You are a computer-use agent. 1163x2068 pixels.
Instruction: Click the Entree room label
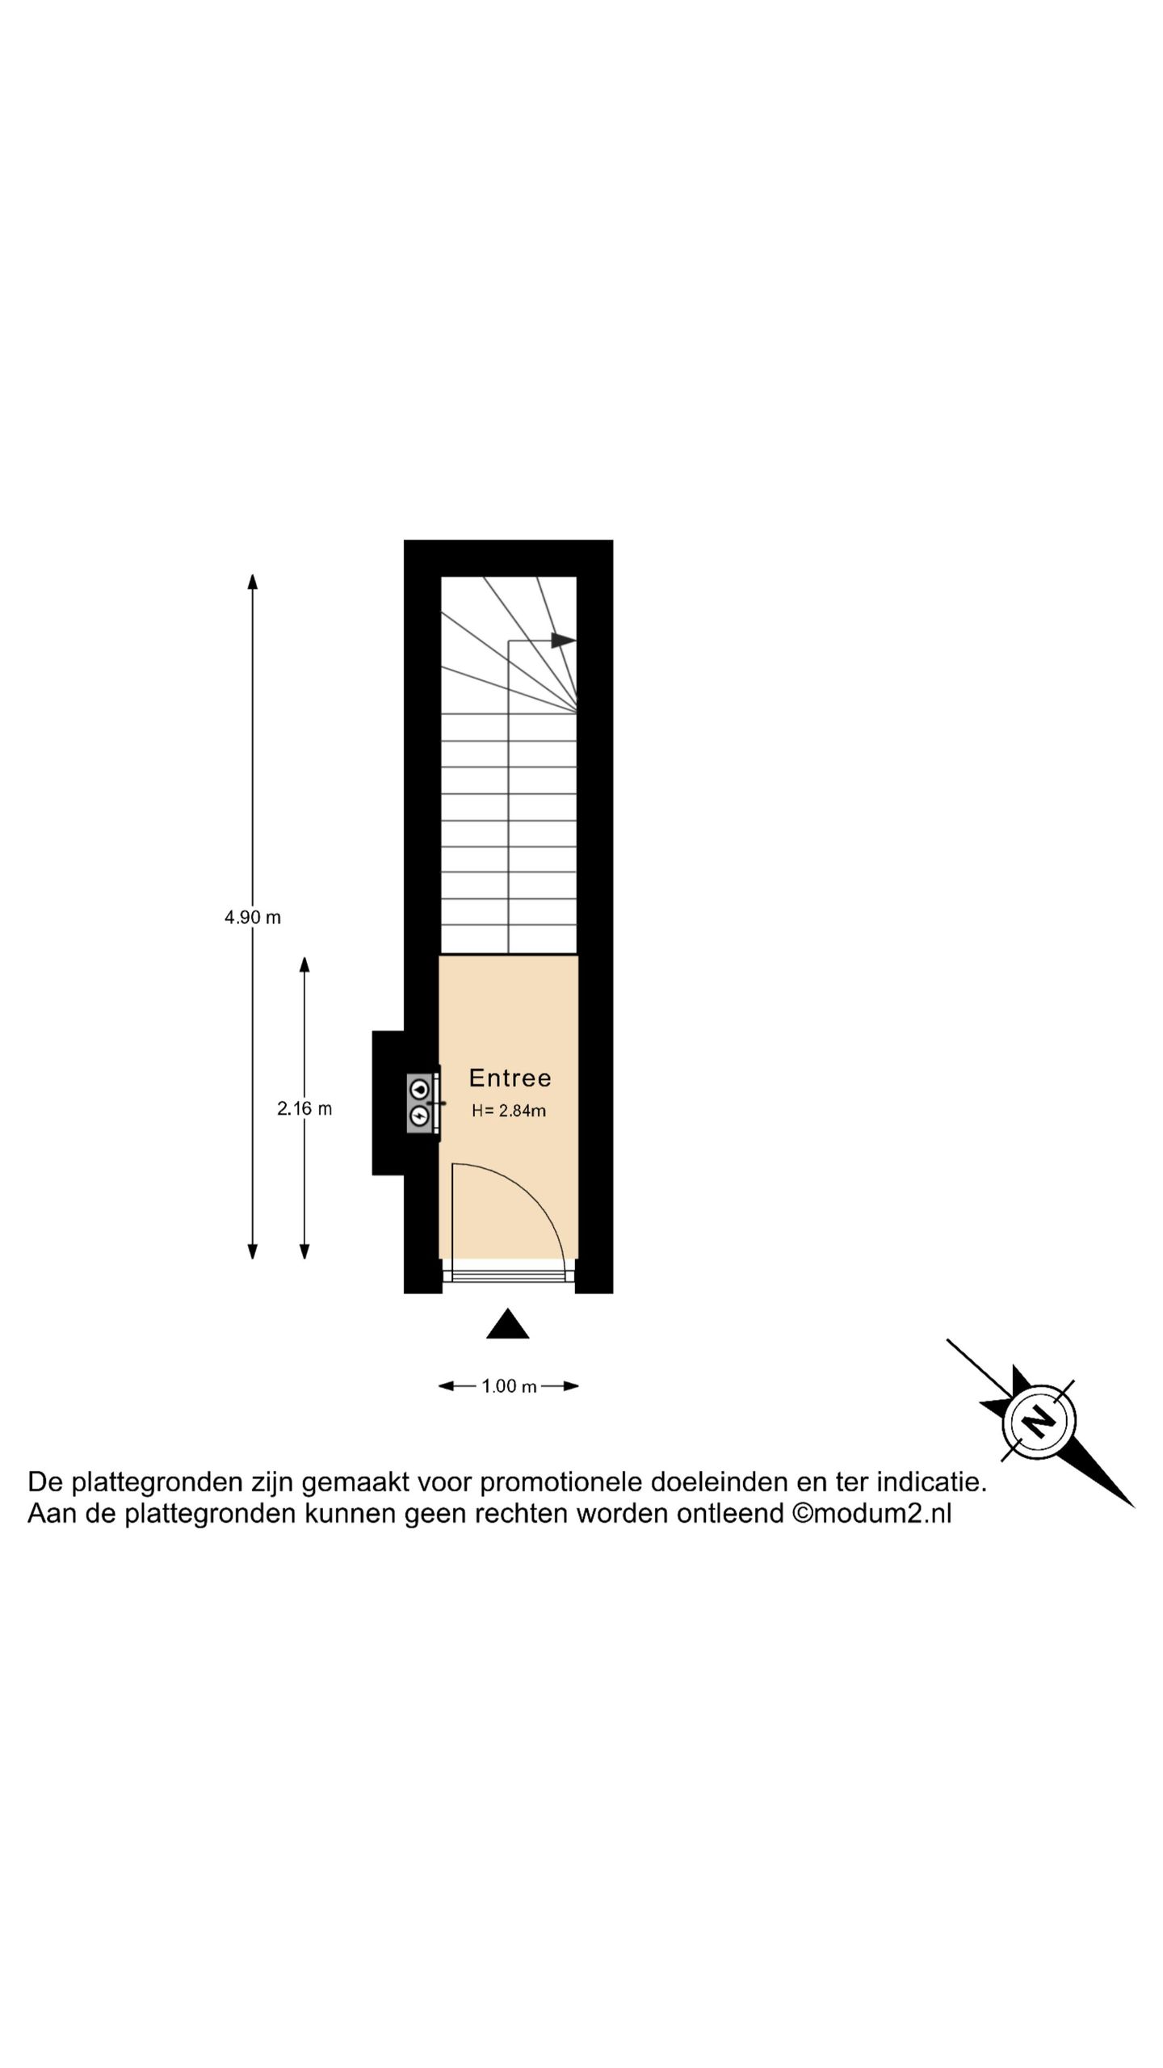tap(510, 1078)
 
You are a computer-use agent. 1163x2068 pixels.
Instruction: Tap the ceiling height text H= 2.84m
tap(509, 1111)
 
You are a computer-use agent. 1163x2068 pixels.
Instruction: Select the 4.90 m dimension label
tap(253, 918)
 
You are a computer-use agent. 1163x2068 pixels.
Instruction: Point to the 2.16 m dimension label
tap(304, 1109)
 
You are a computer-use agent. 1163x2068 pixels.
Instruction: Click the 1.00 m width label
tap(509, 1386)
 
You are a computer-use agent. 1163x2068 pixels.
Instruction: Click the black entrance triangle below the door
tap(508, 1324)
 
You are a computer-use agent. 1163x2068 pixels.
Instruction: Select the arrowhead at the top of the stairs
tap(564, 641)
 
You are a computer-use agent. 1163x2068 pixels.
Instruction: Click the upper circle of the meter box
tap(419, 1087)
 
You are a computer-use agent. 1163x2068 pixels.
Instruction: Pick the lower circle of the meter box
tap(419, 1116)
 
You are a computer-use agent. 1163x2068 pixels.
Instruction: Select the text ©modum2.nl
tap(871, 1513)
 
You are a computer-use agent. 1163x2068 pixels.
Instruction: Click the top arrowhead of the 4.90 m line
tap(253, 582)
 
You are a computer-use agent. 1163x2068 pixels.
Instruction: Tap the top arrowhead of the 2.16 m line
tap(304, 966)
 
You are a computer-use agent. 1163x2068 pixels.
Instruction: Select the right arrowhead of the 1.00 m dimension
tap(571, 1386)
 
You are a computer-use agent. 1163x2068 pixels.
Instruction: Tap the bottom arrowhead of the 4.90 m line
tap(253, 1250)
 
